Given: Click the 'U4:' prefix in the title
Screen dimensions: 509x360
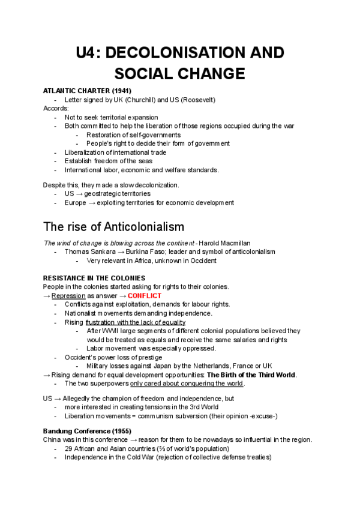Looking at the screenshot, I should click(89, 52).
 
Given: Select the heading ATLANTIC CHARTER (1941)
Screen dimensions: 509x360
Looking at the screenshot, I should click(87, 91).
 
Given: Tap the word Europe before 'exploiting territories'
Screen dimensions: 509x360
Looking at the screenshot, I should click(76, 203).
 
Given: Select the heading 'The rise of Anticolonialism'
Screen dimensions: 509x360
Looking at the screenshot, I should click(114, 227).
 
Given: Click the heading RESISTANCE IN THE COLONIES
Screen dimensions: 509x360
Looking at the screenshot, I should click(94, 278).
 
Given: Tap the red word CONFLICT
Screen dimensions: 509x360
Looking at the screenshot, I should click(145, 296).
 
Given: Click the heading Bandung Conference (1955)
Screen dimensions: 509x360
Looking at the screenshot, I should click(87, 431).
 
